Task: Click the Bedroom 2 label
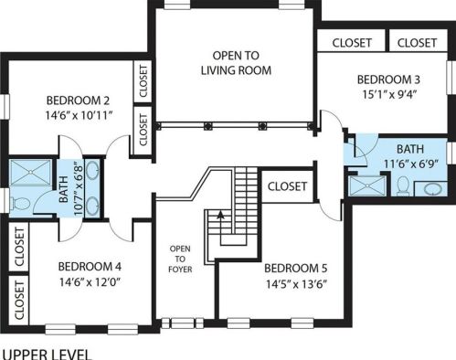[x=78, y=101]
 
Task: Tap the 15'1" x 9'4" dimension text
[x=389, y=94]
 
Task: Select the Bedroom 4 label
[x=90, y=267]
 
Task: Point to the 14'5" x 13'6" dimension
[x=296, y=284]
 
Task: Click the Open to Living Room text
[x=236, y=63]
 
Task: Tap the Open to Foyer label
[x=180, y=259]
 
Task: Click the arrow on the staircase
[x=220, y=216]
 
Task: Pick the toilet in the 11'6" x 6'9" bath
[x=403, y=185]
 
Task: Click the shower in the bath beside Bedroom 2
[x=30, y=173]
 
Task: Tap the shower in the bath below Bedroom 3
[x=367, y=185]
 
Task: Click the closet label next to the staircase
[x=287, y=186]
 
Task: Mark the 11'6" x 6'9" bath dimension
[x=410, y=164]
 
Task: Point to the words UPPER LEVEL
[x=47, y=355]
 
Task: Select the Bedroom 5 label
[x=296, y=269]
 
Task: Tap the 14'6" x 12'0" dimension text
[x=90, y=281]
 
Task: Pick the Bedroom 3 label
[x=388, y=79]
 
